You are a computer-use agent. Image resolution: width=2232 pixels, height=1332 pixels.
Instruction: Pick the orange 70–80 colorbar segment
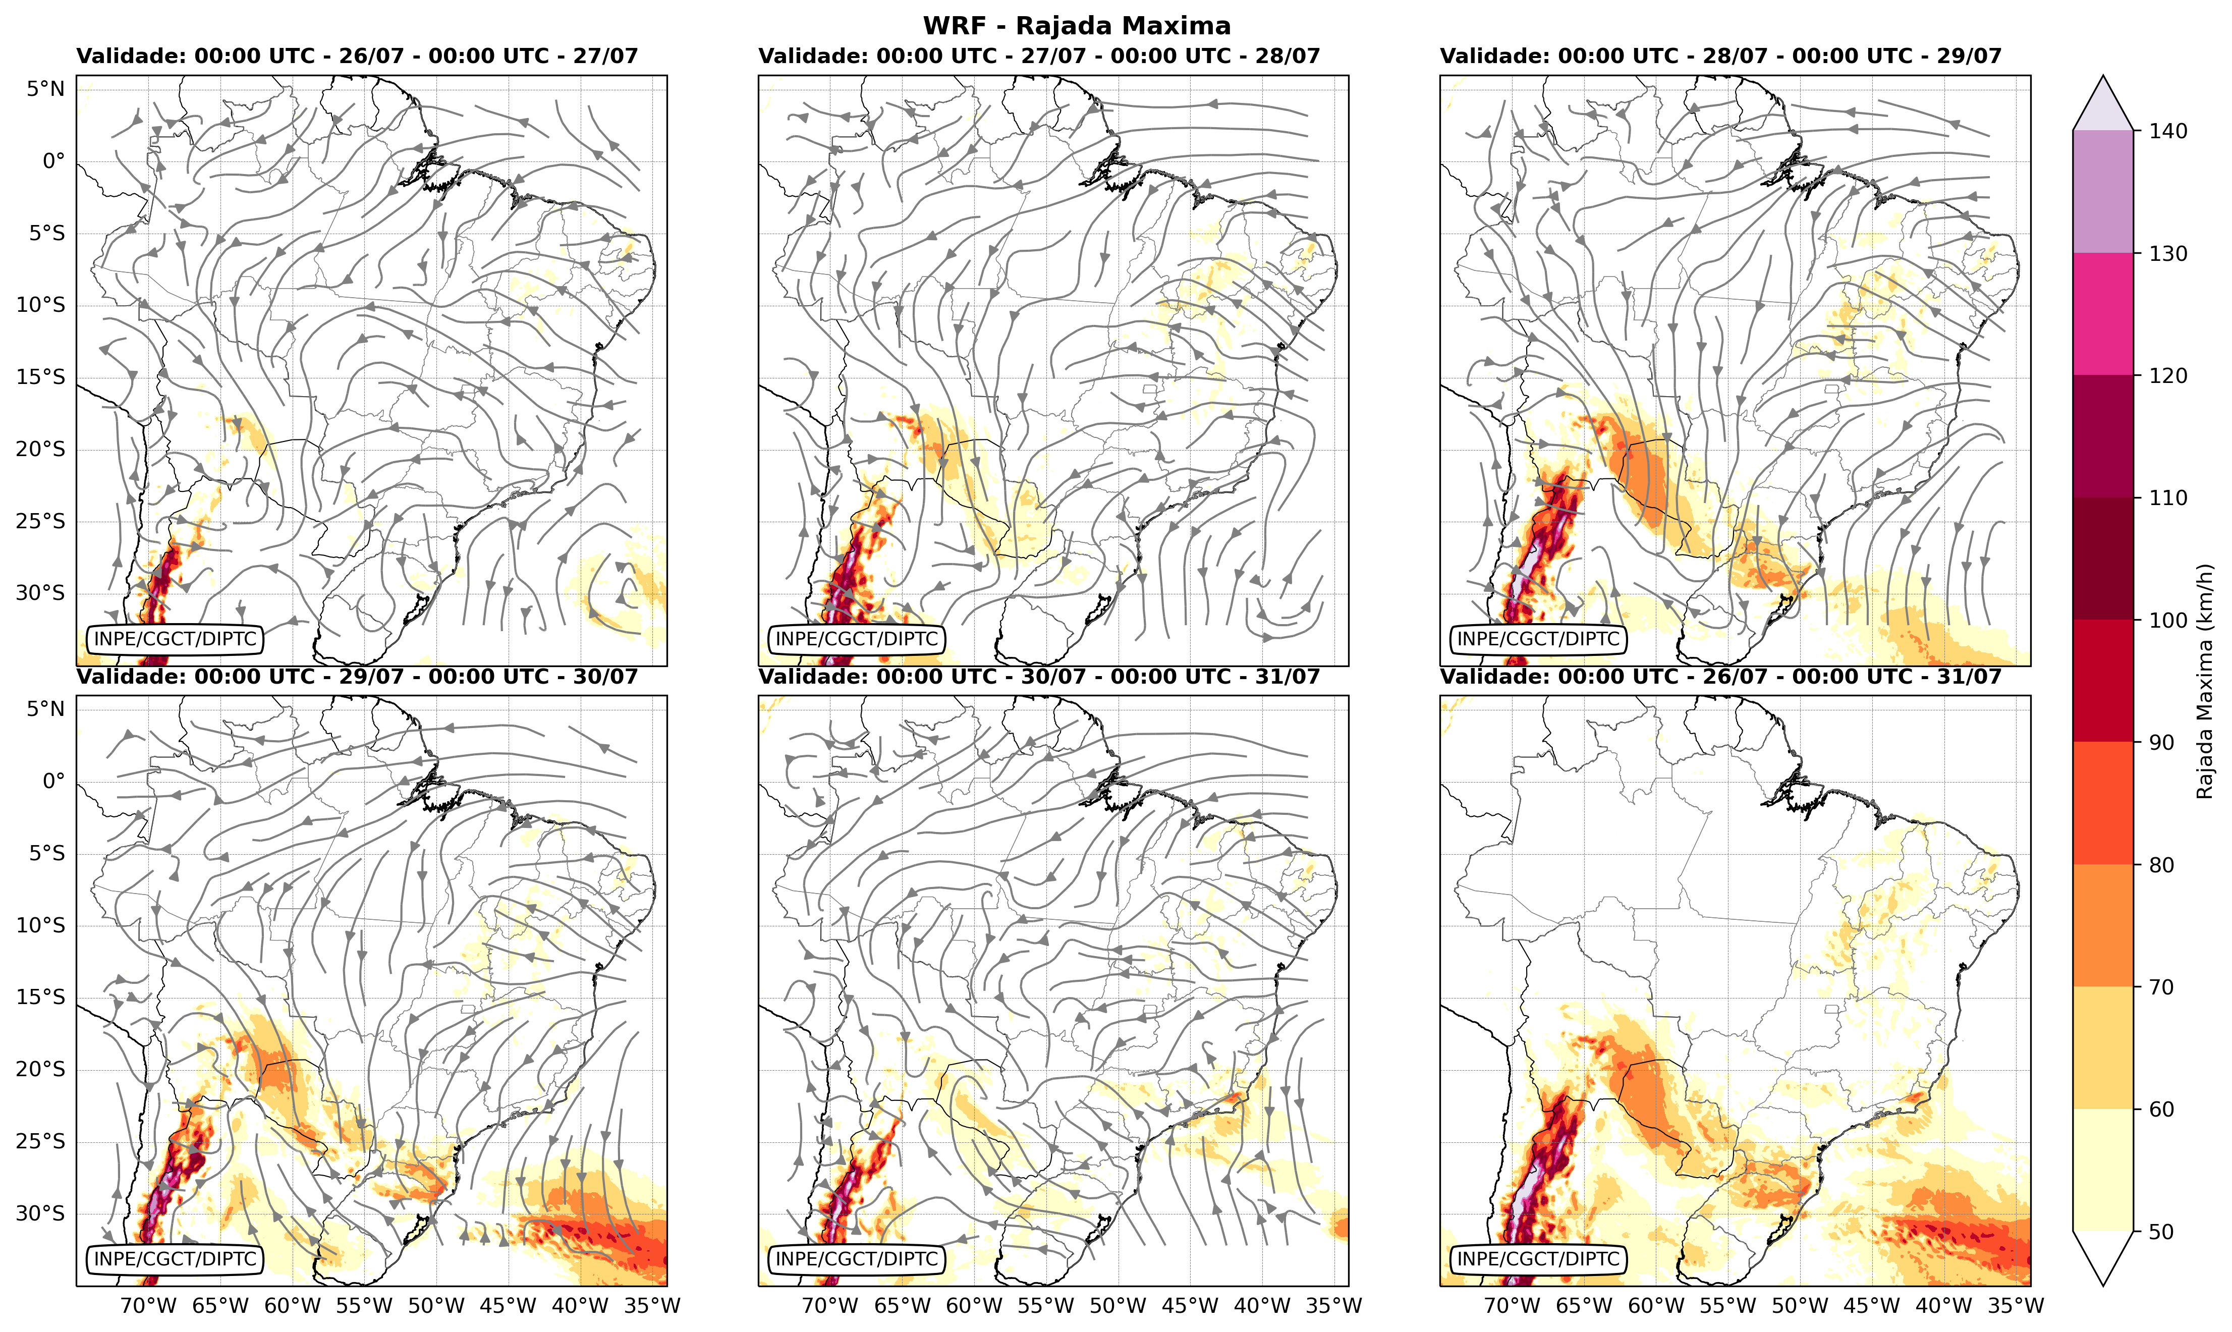(x=2103, y=925)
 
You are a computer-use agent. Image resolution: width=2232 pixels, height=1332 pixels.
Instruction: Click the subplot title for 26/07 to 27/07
(x=357, y=55)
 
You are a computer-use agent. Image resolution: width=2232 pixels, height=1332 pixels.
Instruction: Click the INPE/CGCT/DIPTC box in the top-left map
(x=175, y=639)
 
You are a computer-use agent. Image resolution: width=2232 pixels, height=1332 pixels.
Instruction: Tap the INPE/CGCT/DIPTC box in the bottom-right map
(x=1538, y=1259)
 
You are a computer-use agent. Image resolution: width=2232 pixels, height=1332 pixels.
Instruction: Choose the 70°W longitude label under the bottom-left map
(x=148, y=1306)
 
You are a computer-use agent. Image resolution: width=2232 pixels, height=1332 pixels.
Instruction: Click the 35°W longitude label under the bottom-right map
(x=2015, y=1306)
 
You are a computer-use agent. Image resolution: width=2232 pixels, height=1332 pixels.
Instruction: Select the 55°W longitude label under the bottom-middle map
(x=1045, y=1306)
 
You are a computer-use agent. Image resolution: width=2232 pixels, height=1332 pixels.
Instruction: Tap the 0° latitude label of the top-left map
(x=54, y=161)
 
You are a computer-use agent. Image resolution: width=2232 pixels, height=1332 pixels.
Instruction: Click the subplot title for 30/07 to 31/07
(x=1039, y=676)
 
